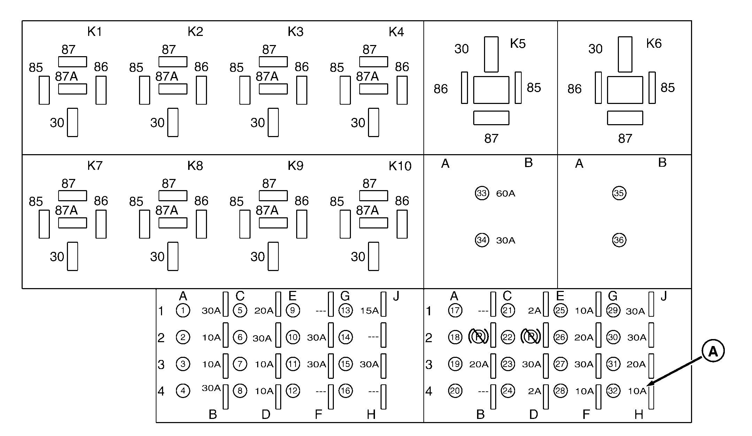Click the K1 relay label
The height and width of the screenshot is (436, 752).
click(x=94, y=32)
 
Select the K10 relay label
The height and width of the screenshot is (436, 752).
click(x=400, y=166)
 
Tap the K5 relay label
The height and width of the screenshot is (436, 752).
click(x=517, y=44)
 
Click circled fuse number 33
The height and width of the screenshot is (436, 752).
click(x=482, y=193)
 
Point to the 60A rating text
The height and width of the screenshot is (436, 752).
click(x=505, y=194)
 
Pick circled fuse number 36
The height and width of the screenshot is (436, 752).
click(x=619, y=240)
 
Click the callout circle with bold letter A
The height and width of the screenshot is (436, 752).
click(x=713, y=351)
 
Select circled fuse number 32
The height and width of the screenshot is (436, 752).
click(x=613, y=391)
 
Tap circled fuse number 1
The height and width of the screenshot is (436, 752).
click(x=183, y=310)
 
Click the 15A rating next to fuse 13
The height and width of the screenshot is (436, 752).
click(x=369, y=311)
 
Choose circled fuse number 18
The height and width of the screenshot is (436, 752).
click(x=455, y=337)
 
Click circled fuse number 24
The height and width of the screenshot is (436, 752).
click(x=508, y=391)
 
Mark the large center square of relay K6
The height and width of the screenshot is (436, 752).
click(x=625, y=90)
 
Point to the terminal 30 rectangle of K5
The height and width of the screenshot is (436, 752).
click(x=491, y=54)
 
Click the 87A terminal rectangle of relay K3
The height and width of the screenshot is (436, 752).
click(x=273, y=89)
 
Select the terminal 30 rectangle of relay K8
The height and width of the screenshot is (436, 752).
click(x=173, y=256)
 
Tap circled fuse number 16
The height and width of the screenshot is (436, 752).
click(x=345, y=391)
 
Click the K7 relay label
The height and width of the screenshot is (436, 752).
click(x=95, y=166)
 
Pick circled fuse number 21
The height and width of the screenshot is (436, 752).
click(x=508, y=310)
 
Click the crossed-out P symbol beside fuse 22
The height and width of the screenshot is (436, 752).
click(x=530, y=337)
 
